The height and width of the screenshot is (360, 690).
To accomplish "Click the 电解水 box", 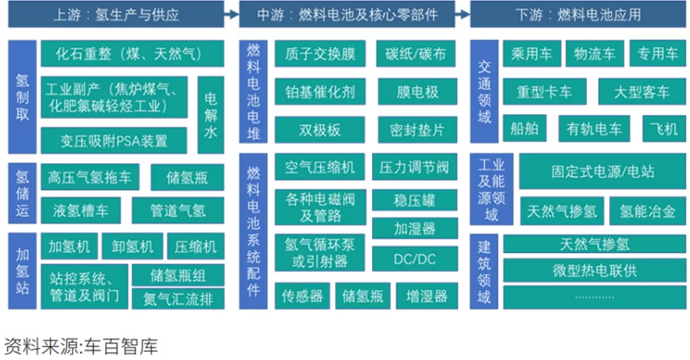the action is pyautogui.click(x=211, y=115).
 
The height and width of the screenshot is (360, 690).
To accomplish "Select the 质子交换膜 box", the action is pyautogui.click(x=320, y=54).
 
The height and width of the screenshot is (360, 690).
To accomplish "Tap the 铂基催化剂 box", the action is pyautogui.click(x=320, y=92).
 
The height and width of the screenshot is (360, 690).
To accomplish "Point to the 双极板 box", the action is pyautogui.click(x=320, y=129).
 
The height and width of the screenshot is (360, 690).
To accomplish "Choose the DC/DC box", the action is pyautogui.click(x=415, y=259).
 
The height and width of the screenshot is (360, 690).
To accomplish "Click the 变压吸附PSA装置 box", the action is pyautogui.click(x=114, y=140).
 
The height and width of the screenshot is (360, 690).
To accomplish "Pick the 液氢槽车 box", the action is pyautogui.click(x=81, y=210).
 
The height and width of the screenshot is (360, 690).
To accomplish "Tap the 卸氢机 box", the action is pyautogui.click(x=133, y=246).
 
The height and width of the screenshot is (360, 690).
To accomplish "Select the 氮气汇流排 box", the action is pyautogui.click(x=178, y=299).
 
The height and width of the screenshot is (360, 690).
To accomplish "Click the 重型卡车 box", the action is pyautogui.click(x=544, y=92).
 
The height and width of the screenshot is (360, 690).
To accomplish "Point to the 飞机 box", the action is pyautogui.click(x=664, y=129).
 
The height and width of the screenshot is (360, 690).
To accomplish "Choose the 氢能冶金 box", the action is pyautogui.click(x=648, y=211).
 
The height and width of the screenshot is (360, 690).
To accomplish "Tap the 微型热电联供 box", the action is pyautogui.click(x=594, y=270).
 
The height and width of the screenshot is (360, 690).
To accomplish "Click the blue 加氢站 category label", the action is pyautogui.click(x=22, y=270).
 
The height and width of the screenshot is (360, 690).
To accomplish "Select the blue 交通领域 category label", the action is pyautogui.click(x=484, y=92).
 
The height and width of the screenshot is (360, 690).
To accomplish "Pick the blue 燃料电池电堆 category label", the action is pyautogui.click(x=253, y=92).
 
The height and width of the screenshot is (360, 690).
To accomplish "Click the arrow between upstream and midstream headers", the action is pyautogui.click(x=232, y=15).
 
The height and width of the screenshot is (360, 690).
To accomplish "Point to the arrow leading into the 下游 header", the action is pyautogui.click(x=462, y=15).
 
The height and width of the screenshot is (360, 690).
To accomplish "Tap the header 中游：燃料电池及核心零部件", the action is pyautogui.click(x=347, y=15).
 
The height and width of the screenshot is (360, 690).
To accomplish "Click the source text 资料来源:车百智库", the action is pyautogui.click(x=81, y=347).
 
